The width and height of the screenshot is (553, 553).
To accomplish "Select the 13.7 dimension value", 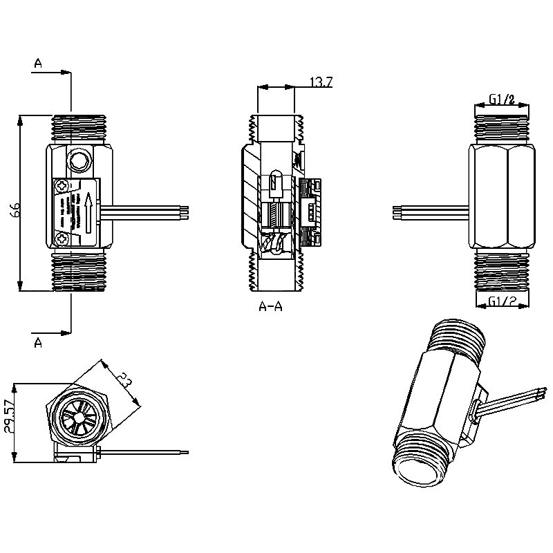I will click(320, 82).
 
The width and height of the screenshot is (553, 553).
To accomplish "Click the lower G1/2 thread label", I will click(502, 301).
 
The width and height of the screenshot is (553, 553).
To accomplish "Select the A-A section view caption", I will click(270, 306).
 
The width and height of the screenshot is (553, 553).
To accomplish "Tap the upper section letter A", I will click(38, 64).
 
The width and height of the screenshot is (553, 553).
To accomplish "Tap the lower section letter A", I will click(38, 343).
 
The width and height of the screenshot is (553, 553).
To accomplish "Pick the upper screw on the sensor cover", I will click(63, 186).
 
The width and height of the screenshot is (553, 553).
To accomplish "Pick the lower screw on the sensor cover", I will click(63, 238).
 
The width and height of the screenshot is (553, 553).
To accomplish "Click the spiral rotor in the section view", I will click(277, 243).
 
